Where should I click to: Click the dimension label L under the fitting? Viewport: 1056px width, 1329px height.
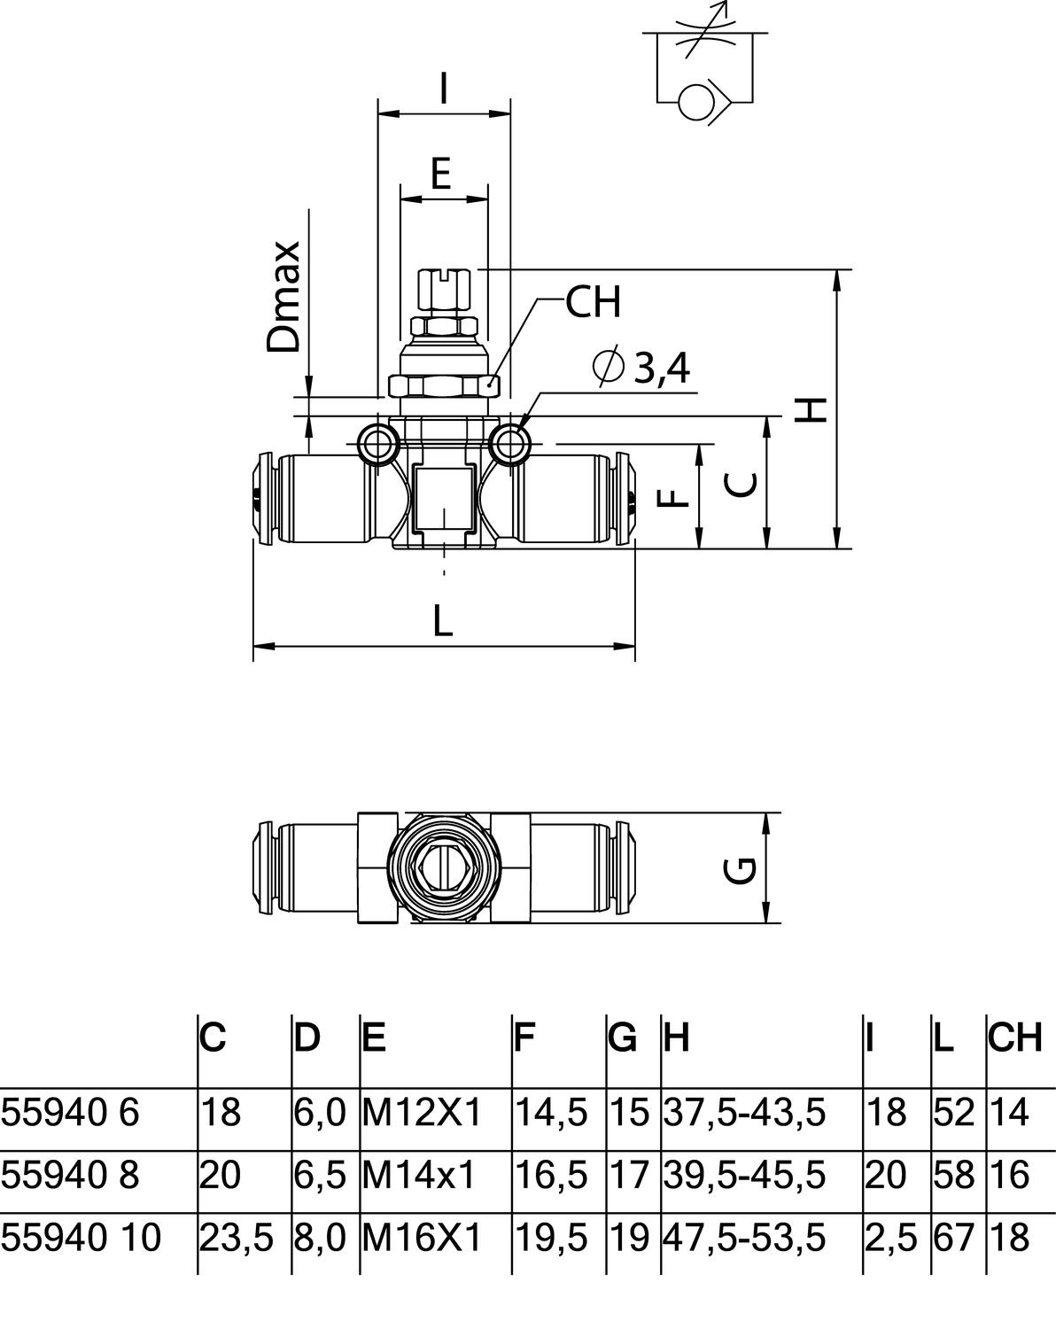point(443,621)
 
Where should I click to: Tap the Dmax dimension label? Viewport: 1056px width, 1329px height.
point(285,297)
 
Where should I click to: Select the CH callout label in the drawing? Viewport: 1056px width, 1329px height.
point(594,303)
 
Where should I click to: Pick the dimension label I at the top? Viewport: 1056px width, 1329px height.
point(444,89)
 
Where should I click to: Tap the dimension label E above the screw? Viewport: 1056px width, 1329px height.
point(441,175)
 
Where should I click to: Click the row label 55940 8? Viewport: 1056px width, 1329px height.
point(70,1175)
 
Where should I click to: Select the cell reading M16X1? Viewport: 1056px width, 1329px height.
point(421,1237)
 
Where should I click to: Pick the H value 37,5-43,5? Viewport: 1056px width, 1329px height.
point(744,1112)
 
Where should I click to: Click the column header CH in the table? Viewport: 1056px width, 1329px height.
point(1015,1038)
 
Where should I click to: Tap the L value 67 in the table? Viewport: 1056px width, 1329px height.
point(953,1237)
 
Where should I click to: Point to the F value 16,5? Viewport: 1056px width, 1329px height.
point(551,1175)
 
